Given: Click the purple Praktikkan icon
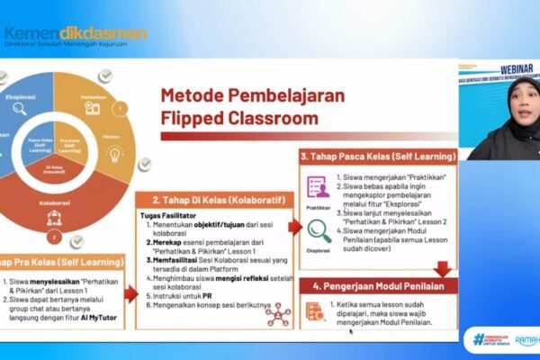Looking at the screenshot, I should [x=318, y=186].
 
